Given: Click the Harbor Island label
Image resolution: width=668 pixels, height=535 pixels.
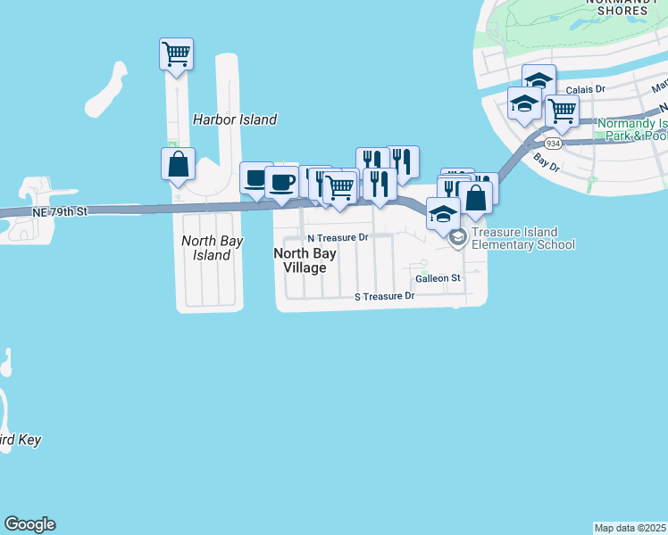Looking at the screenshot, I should pyautogui.click(x=235, y=119).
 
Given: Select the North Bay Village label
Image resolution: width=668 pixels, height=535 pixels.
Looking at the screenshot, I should pyautogui.click(x=305, y=260).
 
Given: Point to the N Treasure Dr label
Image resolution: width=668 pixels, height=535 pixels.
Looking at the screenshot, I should pyautogui.click(x=338, y=238).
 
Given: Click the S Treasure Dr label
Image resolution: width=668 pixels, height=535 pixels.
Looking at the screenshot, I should pyautogui.click(x=385, y=296).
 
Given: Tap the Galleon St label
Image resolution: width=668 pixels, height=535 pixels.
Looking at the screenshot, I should pyautogui.click(x=438, y=278).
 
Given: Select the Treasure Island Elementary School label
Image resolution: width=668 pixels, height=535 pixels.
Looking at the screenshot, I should pyautogui.click(x=522, y=238).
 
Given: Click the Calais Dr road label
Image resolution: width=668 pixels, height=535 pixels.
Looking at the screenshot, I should pyautogui.click(x=587, y=89).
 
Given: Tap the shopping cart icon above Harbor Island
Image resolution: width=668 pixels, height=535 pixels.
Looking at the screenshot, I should pyautogui.click(x=177, y=55).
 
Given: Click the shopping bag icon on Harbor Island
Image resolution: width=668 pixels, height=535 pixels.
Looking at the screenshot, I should pyautogui.click(x=178, y=164).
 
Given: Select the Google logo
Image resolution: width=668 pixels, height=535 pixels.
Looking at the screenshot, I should pyautogui.click(x=29, y=524).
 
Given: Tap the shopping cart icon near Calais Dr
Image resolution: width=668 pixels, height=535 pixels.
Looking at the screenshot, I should pyautogui.click(x=562, y=111).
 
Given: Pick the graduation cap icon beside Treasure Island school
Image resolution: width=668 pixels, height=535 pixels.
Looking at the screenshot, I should pyautogui.click(x=442, y=214).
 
